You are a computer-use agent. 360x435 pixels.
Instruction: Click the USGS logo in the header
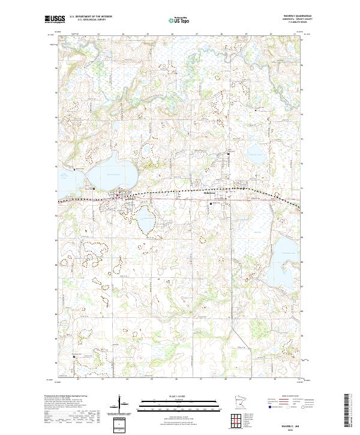click(x=55, y=20)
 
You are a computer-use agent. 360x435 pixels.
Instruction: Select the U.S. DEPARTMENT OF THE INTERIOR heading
click(x=91, y=17)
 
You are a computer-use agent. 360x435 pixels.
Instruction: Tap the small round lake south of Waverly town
click(x=146, y=221)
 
